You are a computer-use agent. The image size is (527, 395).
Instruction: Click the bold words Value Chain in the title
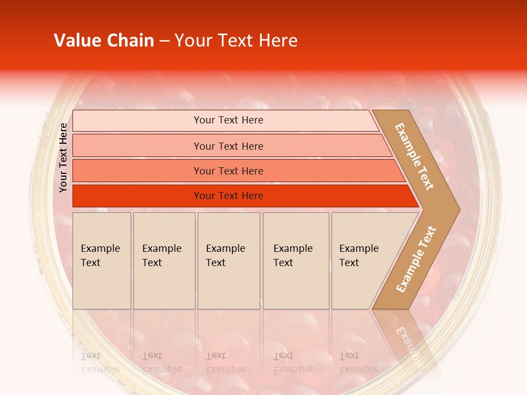pyautogui.click(x=104, y=41)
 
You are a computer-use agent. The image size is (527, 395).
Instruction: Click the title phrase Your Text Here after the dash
pyautogui.click(x=236, y=41)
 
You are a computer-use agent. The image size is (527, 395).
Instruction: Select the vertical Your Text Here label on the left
pyautogui.click(x=63, y=158)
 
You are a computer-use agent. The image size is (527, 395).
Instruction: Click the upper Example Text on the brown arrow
pyautogui.click(x=414, y=156)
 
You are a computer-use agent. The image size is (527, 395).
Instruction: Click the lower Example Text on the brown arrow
pyautogui.click(x=416, y=259)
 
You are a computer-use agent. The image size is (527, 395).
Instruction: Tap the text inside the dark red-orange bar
pyautogui.click(x=228, y=196)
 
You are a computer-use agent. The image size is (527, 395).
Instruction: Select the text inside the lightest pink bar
pyautogui.click(x=228, y=120)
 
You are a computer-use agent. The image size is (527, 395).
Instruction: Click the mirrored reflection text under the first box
pyautogui.click(x=100, y=363)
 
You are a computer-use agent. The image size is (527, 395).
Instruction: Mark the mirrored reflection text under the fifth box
pyautogui.click(x=358, y=363)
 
